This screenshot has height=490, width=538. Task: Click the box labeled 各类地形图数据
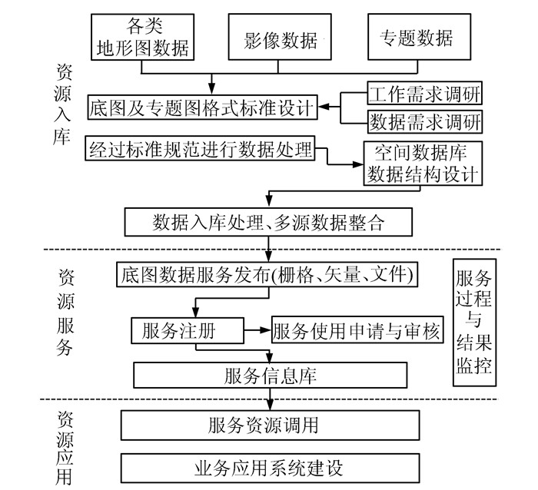coord(143,36)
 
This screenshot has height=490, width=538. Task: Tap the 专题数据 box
coord(416,36)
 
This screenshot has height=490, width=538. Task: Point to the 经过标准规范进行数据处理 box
coord(201,149)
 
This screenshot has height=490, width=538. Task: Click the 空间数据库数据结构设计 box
coord(422,163)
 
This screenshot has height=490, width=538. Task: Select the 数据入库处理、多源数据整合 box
coord(268,222)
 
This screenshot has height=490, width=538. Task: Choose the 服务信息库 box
coord(270,376)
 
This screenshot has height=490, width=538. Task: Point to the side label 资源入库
coord(64,103)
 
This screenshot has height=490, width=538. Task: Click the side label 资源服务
coord(64,313)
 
